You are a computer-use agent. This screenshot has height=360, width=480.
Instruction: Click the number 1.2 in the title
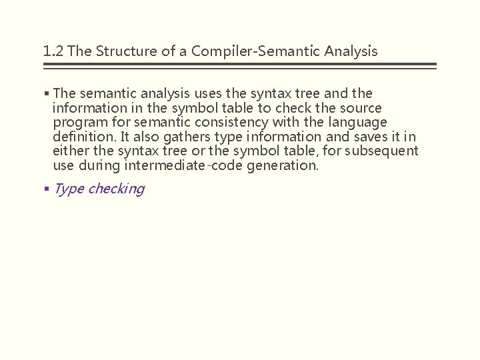point(53,51)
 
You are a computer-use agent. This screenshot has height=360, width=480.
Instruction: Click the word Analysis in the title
point(351,51)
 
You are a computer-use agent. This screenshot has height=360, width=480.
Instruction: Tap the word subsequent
point(383,151)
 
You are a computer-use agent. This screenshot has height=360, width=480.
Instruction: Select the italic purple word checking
point(116,189)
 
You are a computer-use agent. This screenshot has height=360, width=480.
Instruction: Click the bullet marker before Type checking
point(46,189)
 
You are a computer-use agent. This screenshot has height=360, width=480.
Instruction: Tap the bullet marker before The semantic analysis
point(46,94)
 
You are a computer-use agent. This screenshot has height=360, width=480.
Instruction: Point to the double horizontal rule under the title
point(239,66)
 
